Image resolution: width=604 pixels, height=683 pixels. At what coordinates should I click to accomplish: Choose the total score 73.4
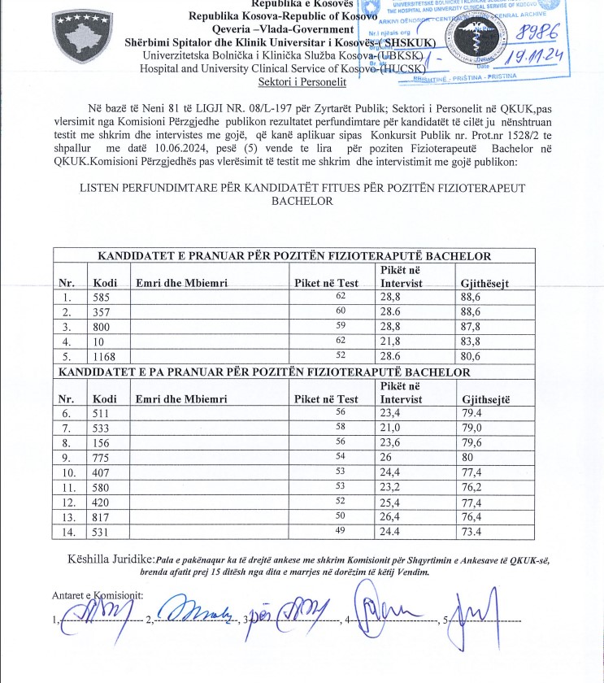475,532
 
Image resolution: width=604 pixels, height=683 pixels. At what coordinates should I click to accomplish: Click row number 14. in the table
68,532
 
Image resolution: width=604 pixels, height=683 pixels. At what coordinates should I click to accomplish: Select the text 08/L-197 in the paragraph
231,108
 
